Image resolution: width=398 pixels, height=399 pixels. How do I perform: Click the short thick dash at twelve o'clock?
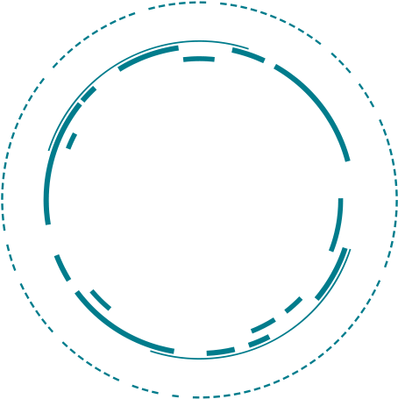199,60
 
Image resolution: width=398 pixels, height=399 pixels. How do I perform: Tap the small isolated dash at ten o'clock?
72,140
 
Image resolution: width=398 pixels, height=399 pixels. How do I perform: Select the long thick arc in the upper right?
320,105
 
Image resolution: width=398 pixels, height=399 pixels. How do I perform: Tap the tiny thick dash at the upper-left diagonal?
89,95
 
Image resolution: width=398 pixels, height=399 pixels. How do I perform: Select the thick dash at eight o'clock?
61,267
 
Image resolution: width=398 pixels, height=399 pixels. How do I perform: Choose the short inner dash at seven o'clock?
101,300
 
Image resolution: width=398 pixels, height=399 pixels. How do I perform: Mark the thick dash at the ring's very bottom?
221,353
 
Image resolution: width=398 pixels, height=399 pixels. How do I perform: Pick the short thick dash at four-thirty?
294,304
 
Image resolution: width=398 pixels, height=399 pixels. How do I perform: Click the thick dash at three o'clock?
341,213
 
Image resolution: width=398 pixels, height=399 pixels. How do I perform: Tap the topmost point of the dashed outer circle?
200,2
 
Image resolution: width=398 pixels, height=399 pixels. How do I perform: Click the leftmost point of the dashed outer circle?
3,200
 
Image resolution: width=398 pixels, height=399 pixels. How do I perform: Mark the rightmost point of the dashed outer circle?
395,200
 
